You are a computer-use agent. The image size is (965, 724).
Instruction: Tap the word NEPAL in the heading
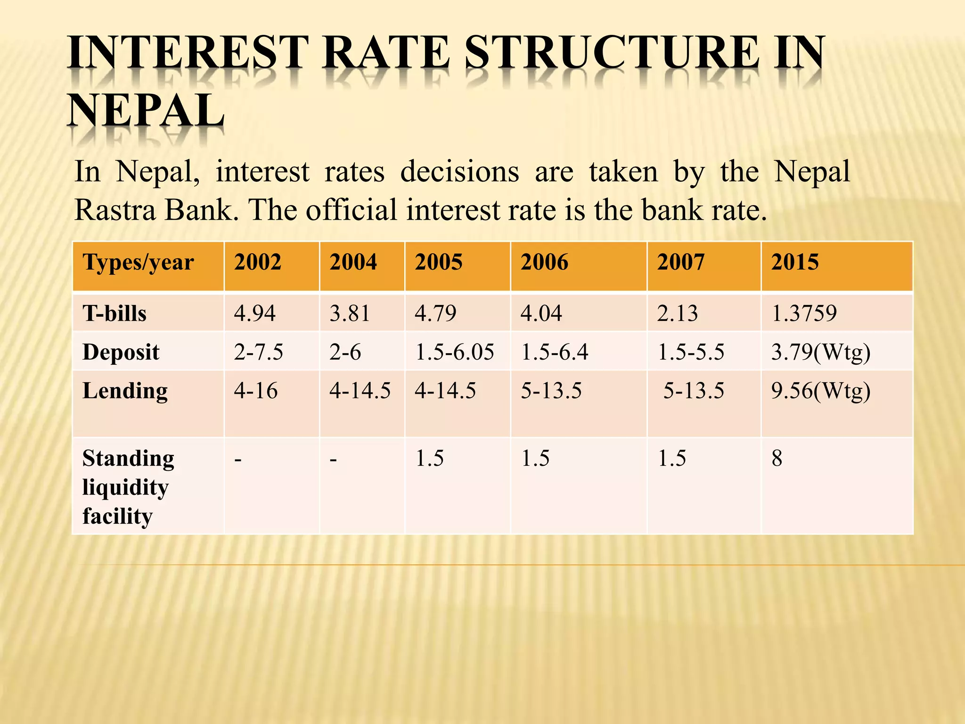146,111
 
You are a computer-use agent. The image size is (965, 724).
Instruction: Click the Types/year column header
138,263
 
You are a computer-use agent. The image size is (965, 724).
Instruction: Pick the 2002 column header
258,263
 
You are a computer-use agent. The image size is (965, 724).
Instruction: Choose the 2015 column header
795,263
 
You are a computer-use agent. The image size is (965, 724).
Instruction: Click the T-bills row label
114,313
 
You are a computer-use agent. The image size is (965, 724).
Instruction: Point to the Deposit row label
121,352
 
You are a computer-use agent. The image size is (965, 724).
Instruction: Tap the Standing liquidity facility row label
128,487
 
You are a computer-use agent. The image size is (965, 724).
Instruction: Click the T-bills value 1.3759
804,313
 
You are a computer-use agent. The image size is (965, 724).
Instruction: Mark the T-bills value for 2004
350,313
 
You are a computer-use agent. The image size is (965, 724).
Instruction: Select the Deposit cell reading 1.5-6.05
454,352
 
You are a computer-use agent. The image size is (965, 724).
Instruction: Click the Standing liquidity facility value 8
777,458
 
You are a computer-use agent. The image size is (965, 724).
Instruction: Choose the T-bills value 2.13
677,313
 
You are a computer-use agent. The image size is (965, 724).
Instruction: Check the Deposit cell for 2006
554,352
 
